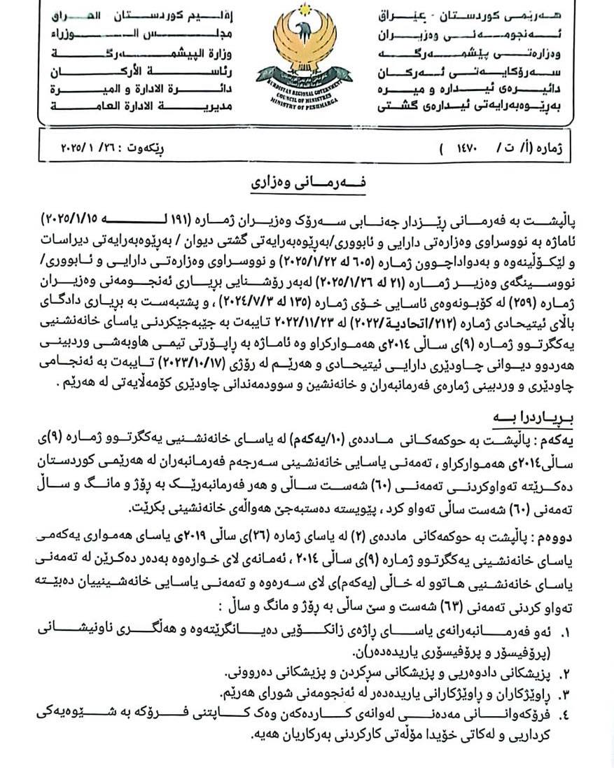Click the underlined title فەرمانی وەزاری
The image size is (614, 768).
[305, 183]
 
